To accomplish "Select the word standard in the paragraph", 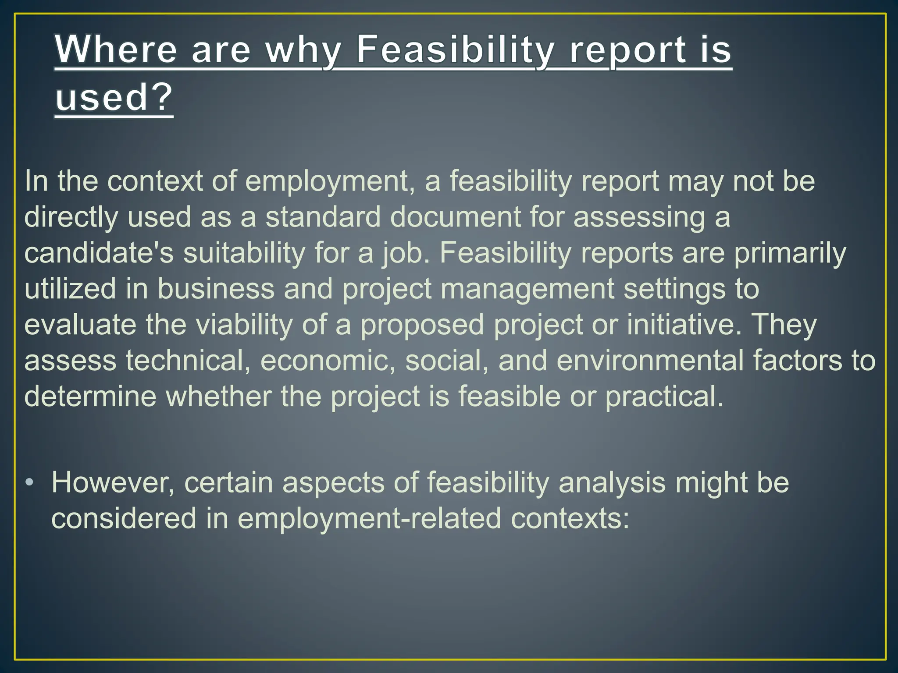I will (x=323, y=217).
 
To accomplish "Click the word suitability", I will (x=244, y=253).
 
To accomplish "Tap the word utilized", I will (x=71, y=289).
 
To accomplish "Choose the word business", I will (x=216, y=289).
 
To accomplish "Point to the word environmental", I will (x=650, y=361).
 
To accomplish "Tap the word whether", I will (x=218, y=397).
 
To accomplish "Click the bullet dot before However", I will (x=29, y=482).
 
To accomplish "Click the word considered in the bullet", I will (x=124, y=519).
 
